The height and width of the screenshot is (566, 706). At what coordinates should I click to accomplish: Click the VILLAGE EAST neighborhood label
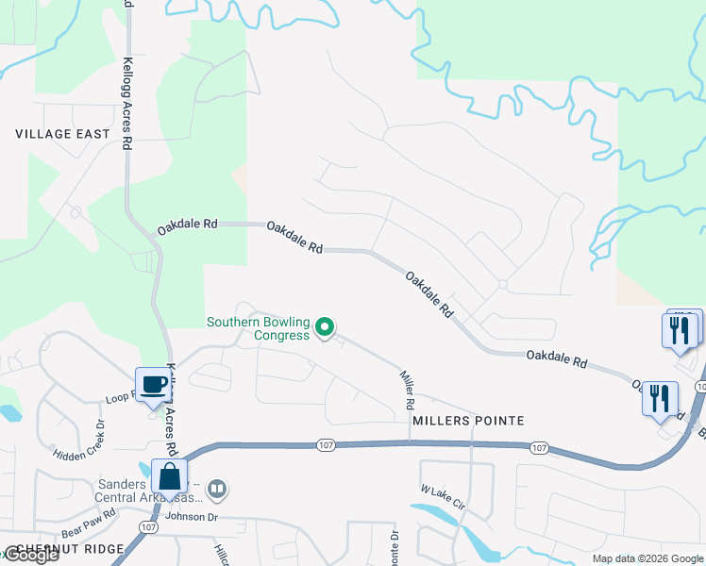(x=63, y=134)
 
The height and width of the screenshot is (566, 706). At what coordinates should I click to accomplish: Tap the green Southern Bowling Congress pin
(x=325, y=327)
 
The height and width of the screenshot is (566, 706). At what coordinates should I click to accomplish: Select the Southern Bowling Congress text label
(x=259, y=328)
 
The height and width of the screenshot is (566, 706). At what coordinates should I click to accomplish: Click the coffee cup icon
(x=154, y=384)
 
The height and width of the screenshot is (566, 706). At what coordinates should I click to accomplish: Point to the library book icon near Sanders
(x=218, y=488)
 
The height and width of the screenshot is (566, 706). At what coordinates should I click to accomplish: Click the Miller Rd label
(x=408, y=389)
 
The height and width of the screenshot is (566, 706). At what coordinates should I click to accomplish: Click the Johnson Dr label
(x=192, y=516)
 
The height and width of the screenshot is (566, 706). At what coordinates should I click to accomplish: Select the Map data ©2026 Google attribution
(x=647, y=558)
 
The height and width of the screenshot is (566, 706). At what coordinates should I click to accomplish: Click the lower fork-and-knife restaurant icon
(x=660, y=397)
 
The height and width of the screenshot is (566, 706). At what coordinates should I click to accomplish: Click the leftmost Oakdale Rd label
(x=187, y=225)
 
